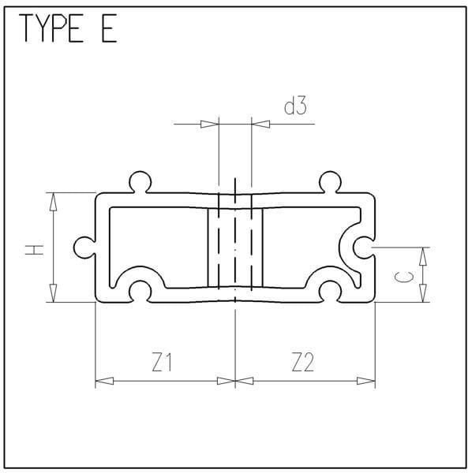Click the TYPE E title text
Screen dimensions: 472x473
point(68,28)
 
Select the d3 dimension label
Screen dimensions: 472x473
point(295,106)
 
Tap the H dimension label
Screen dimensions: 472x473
point(34,250)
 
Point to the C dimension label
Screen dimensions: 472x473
point(404,277)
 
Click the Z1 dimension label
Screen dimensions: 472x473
point(162,362)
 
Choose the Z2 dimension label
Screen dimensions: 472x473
point(303,362)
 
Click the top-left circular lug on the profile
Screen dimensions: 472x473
point(140,182)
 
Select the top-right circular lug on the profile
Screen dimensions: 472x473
point(330,182)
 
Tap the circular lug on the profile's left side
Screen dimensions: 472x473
point(84,248)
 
